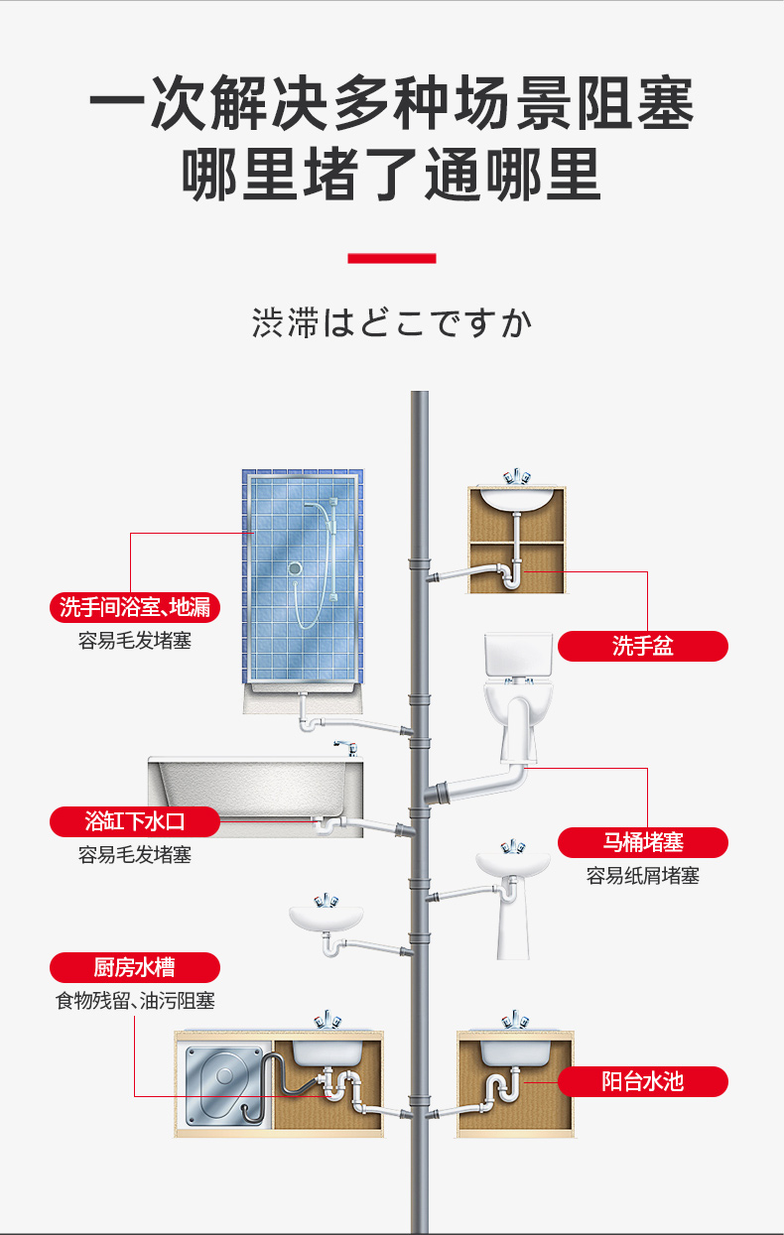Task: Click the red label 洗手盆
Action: tap(642, 647)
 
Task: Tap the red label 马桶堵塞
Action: tap(642, 843)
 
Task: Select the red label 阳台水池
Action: tap(642, 1080)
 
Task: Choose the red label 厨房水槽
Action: tap(134, 967)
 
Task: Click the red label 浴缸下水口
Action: tap(134, 821)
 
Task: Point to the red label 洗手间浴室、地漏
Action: tap(134, 607)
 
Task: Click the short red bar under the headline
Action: tap(391, 259)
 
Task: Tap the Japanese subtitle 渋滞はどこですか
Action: tap(391, 323)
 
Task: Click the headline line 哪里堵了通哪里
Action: tap(391, 175)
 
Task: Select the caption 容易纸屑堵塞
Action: tap(642, 876)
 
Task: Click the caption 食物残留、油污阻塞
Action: tap(134, 1001)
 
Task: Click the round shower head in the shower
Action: tap(294, 569)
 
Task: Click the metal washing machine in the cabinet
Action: tap(226, 1082)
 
